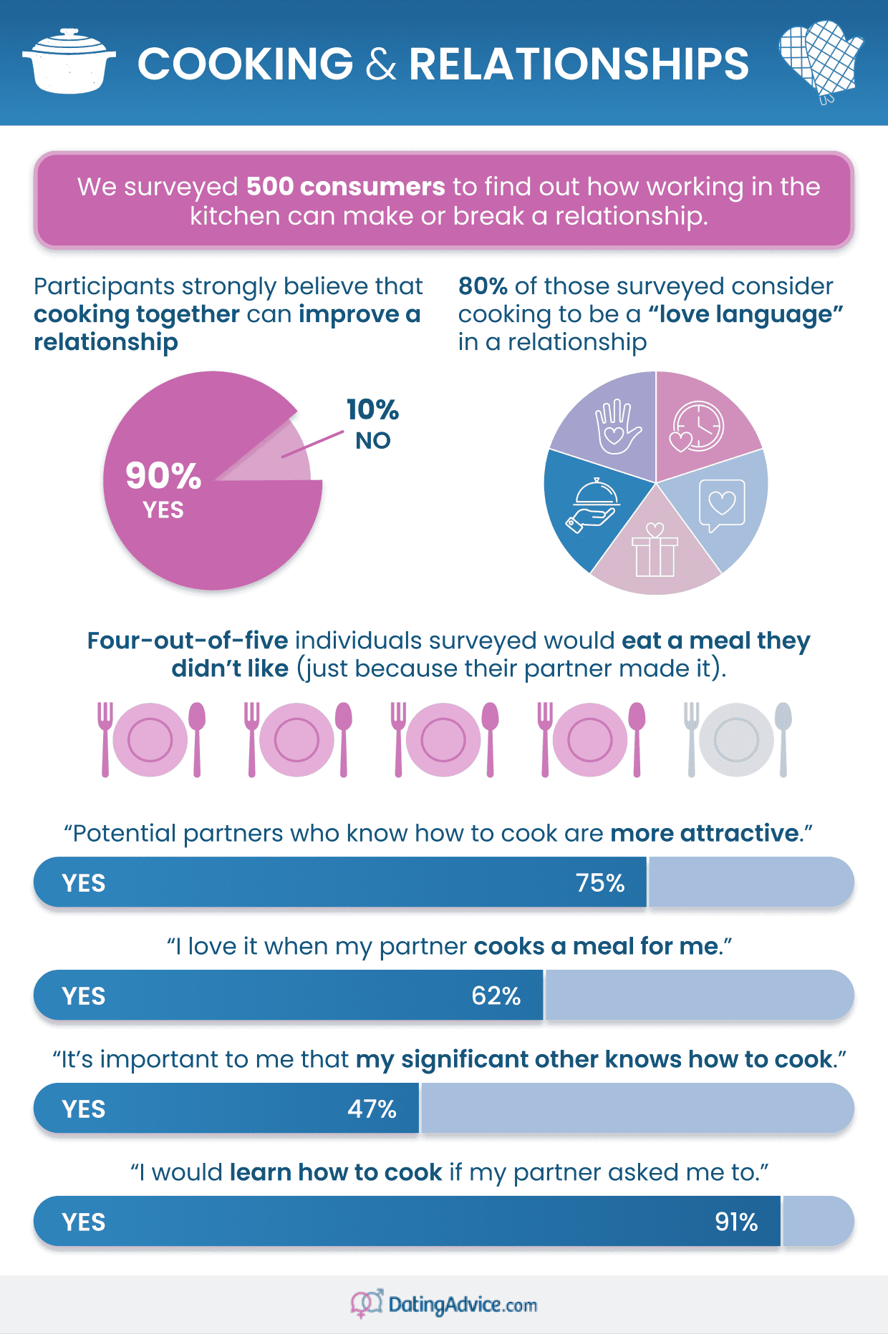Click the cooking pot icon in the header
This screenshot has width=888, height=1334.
click(69, 62)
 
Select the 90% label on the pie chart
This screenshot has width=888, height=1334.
click(163, 475)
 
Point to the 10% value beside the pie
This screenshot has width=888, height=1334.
click(372, 410)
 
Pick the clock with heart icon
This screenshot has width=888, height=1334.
click(696, 427)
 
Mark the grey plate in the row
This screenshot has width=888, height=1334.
click(736, 739)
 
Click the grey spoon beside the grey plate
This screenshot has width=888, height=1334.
click(783, 737)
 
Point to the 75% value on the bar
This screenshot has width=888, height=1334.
click(600, 883)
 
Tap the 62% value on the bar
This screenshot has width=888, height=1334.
click(496, 996)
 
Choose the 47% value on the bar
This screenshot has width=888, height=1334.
click(372, 1109)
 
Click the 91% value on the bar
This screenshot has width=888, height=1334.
click(736, 1222)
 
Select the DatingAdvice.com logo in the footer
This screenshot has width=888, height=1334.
click(444, 1305)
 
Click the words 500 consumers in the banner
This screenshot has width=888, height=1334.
click(345, 187)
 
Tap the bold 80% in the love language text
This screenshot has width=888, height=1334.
click(483, 286)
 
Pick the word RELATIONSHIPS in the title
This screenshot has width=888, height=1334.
click(579, 64)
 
